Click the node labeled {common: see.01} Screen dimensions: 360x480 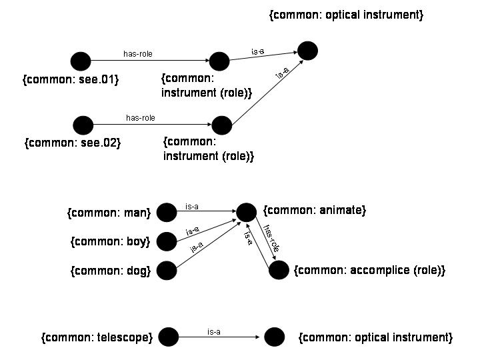point(81,61)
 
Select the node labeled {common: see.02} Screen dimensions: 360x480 point(83,125)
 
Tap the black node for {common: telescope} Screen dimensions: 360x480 point(168,337)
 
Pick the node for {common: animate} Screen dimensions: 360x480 point(246,212)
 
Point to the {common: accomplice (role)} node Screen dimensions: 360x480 point(279,270)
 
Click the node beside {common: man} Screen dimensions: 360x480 point(165,213)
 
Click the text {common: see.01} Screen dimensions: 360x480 point(71,81)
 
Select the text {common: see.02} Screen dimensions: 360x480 point(72,143)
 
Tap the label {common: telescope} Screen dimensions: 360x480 point(97,337)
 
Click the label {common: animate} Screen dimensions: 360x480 point(315,211)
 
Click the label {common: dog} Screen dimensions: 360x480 point(109,271)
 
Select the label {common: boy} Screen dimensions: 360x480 point(110,241)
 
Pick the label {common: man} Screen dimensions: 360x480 point(109,213)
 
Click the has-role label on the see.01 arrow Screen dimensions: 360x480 point(143,54)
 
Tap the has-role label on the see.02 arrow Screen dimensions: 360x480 point(140,118)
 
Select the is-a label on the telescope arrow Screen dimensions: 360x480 point(214,331)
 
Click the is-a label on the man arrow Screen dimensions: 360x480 point(192,207)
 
